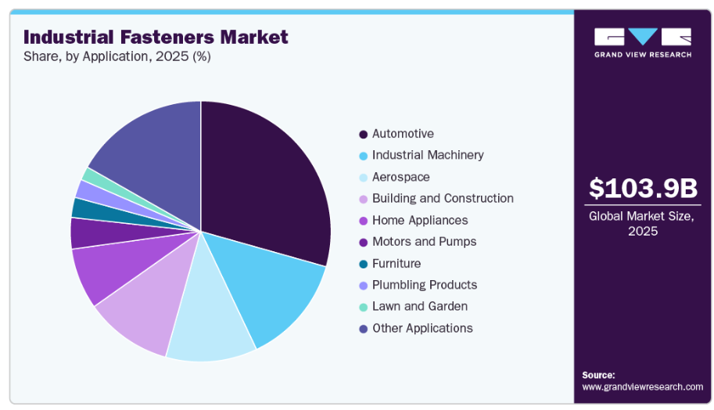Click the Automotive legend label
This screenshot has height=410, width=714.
point(403,134)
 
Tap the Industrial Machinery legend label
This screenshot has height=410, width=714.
point(427,155)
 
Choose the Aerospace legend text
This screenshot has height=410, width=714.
point(400,177)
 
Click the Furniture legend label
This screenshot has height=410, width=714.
point(396,264)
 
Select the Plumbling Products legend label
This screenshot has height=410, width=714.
point(424,285)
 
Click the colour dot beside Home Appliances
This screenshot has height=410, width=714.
point(363,221)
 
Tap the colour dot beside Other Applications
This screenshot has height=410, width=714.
point(363,329)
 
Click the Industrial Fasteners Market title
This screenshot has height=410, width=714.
point(156,37)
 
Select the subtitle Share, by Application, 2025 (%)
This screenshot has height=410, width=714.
point(117,56)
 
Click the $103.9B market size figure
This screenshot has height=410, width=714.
point(642,188)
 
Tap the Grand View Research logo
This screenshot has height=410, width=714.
point(642,42)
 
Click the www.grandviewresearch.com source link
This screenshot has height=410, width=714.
point(642,387)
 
